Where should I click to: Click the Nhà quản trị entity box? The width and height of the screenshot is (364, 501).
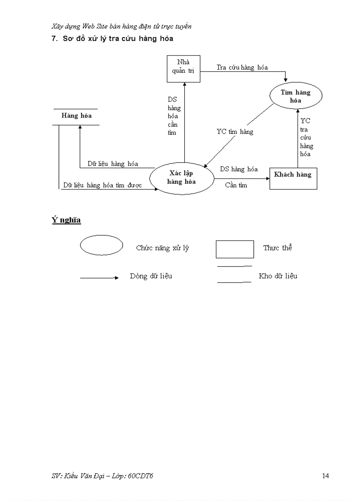[183, 69]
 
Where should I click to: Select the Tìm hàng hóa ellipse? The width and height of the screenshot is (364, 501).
[295, 96]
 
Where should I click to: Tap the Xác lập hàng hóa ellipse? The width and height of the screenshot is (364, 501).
[182, 178]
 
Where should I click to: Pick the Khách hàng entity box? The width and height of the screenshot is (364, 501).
[293, 178]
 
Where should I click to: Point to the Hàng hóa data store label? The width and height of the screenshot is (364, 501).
[76, 116]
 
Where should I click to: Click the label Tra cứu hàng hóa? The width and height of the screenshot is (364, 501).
[242, 67]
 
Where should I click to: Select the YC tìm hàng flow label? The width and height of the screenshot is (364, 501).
[235, 132]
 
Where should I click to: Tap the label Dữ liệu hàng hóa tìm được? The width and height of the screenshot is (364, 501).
[103, 185]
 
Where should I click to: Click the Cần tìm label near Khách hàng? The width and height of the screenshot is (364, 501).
[236, 185]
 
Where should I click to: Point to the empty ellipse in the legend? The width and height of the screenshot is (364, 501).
[101, 245]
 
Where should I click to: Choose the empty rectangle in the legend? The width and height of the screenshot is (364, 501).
[235, 249]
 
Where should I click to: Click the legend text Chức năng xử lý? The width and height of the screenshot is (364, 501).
[162, 248]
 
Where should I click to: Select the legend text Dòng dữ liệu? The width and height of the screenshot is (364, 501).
[151, 276]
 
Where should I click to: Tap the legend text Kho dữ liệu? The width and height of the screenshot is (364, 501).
[277, 276]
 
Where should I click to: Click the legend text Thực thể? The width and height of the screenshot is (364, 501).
[277, 248]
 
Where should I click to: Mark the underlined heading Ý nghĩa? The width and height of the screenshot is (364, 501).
[66, 220]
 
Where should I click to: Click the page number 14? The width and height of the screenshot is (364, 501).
[325, 476]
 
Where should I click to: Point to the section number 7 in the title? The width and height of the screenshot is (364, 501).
[54, 39]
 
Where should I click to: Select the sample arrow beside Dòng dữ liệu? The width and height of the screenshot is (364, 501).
[99, 277]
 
